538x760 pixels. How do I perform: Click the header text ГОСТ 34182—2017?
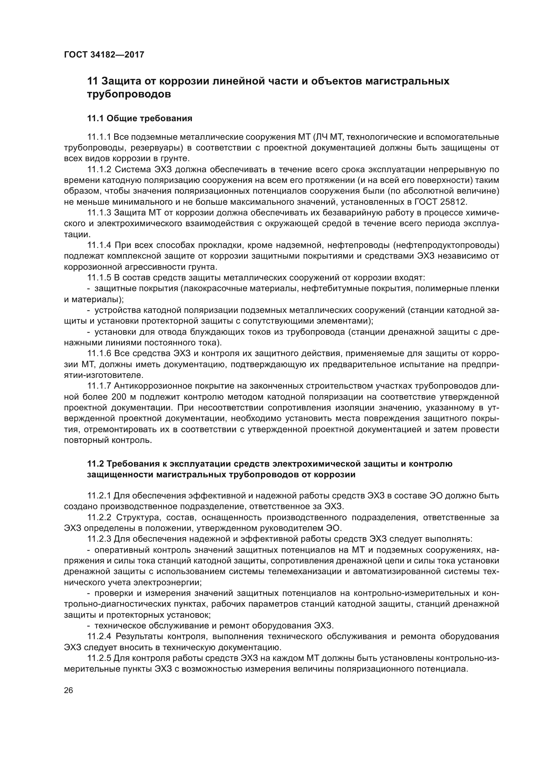104,55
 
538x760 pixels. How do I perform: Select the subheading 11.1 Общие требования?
140,119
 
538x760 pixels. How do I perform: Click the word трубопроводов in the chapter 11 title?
129,94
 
